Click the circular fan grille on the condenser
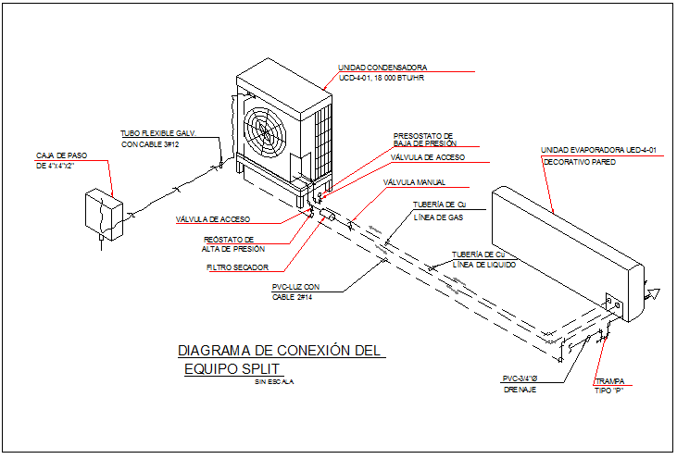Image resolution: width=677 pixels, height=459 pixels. click(266, 137)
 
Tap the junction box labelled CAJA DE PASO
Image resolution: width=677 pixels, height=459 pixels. click(102, 215)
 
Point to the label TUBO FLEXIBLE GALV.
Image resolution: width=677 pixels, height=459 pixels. click(158, 133)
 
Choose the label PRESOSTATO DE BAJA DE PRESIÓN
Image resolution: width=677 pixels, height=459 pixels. click(423, 140)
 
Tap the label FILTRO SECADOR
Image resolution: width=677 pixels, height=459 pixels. click(238, 268)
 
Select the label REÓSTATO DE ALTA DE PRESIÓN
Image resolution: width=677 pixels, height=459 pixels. click(233, 244)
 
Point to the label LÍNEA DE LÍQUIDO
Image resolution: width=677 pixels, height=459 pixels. click(483, 265)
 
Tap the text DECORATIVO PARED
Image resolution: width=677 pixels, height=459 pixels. click(579, 163)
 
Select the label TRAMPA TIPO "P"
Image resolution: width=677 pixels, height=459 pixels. click(608, 386)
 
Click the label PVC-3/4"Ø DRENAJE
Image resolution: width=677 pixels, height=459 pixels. click(519, 384)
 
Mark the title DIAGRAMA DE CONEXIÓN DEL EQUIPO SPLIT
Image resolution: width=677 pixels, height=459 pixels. click(278, 360)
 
